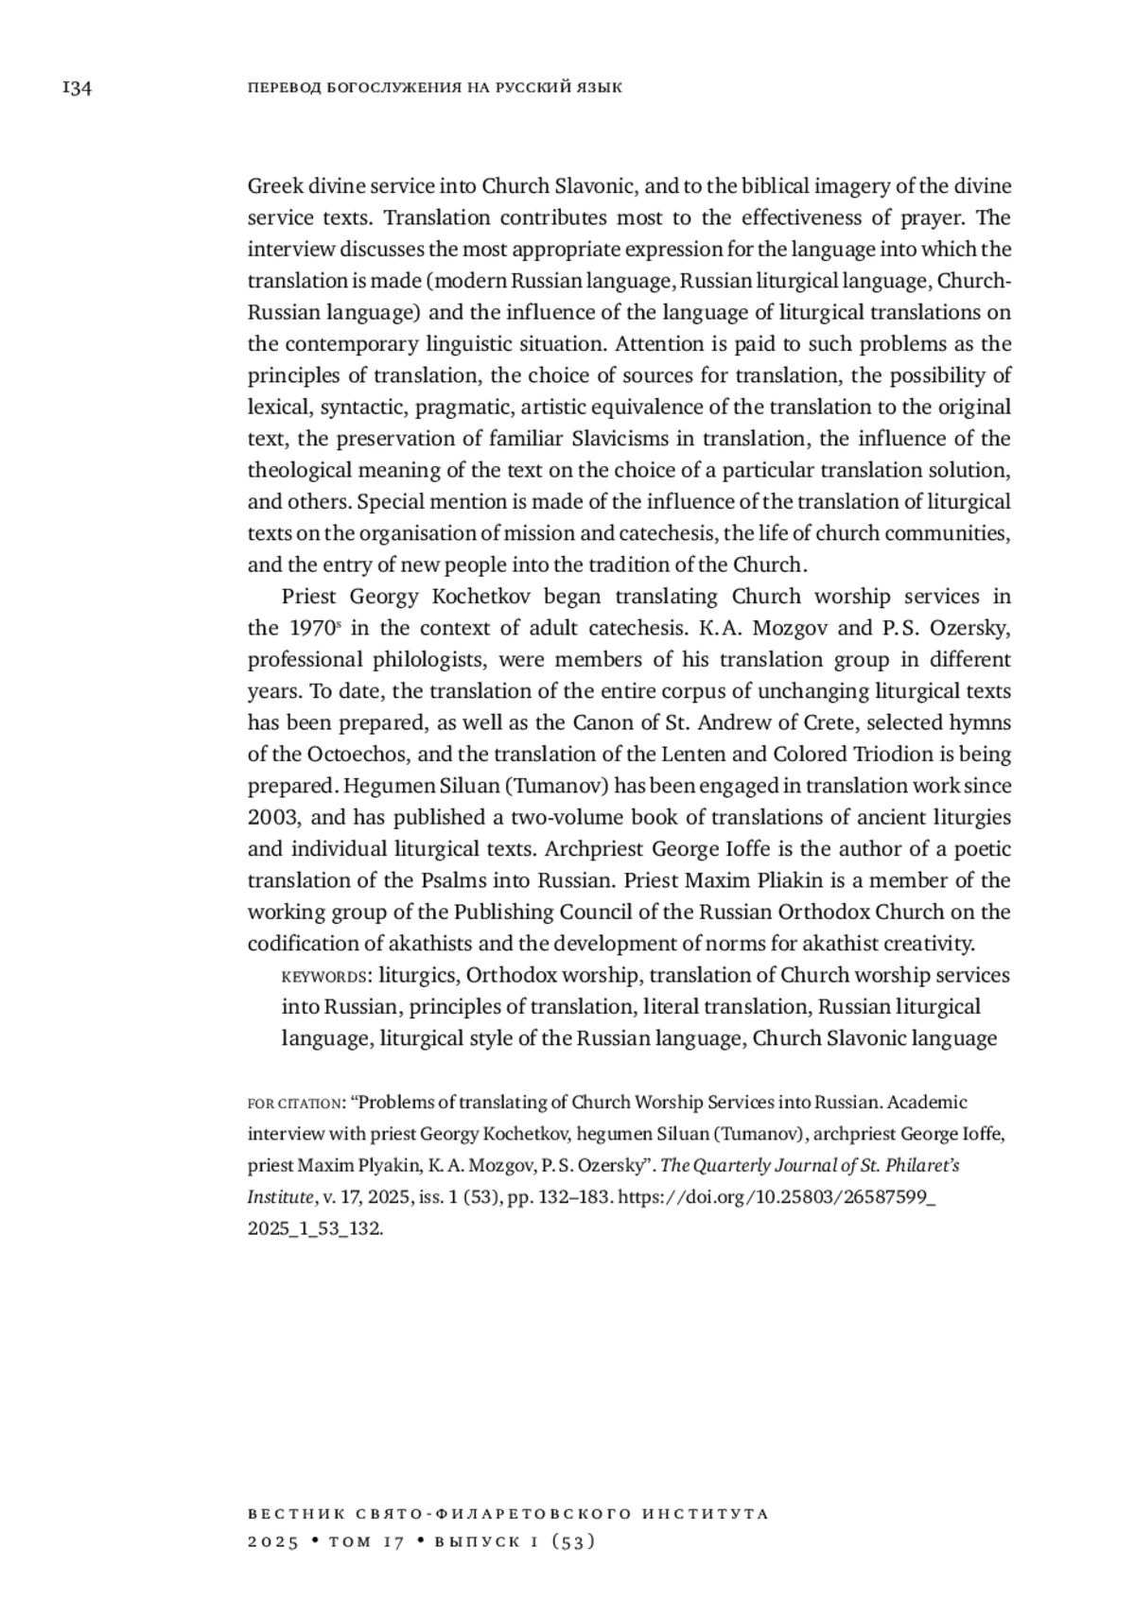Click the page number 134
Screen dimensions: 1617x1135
(x=76, y=89)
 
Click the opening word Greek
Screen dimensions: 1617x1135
(x=275, y=186)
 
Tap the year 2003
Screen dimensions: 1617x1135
(x=272, y=818)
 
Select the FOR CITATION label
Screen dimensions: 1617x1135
(x=294, y=1104)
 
